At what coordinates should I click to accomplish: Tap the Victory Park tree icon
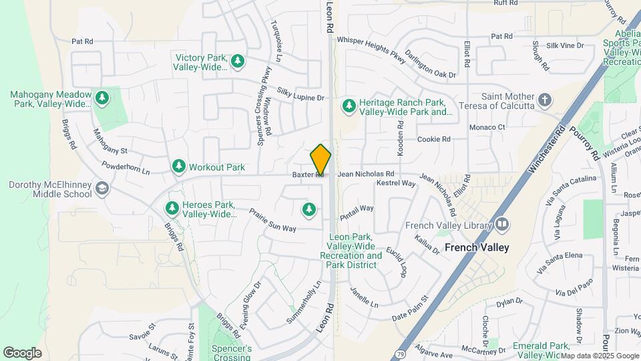(238, 62)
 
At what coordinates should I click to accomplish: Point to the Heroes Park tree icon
(172, 209)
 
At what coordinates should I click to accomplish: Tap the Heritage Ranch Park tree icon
(349, 106)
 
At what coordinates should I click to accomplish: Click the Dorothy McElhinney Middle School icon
(101, 189)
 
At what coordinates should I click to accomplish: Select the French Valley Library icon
(502, 225)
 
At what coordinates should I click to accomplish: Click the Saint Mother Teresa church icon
(546, 100)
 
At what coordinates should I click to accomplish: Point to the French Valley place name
(477, 247)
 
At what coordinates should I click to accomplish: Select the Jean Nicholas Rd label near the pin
(366, 174)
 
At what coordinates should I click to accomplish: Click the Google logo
(22, 353)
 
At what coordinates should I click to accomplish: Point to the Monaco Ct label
(487, 127)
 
